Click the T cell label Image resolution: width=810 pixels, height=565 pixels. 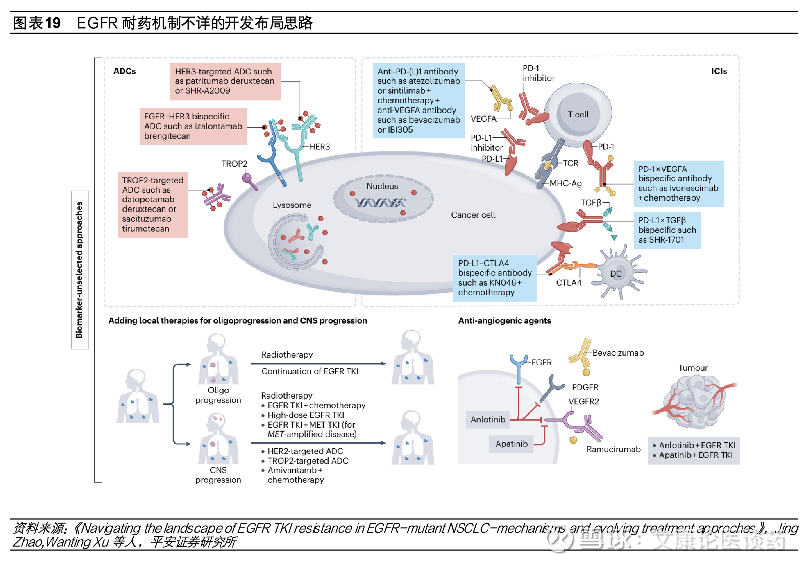(x=578, y=114)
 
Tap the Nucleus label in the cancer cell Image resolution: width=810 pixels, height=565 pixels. (x=382, y=186)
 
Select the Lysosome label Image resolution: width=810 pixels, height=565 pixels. (x=292, y=205)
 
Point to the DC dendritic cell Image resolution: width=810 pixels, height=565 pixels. (x=616, y=274)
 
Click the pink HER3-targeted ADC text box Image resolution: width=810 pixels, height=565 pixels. (x=225, y=81)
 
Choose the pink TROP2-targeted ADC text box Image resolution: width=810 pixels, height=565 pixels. (x=153, y=204)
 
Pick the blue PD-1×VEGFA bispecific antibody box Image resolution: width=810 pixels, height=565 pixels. (x=678, y=184)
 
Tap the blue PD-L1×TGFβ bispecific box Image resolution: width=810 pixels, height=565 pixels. (x=667, y=230)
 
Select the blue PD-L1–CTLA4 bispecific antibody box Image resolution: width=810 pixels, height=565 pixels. (x=495, y=278)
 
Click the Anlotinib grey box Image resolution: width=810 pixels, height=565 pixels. (x=488, y=419)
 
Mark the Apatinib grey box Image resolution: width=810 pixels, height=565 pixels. (x=511, y=444)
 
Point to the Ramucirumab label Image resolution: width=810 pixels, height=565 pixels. (x=613, y=449)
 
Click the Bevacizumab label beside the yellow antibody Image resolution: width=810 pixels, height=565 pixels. (x=618, y=353)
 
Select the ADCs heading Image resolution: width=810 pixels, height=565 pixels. (x=125, y=71)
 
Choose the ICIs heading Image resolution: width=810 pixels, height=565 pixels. (x=719, y=71)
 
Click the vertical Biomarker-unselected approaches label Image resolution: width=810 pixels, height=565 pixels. (x=79, y=270)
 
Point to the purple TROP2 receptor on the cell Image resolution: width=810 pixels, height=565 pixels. (x=249, y=180)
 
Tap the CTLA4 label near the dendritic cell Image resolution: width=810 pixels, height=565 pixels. (x=569, y=283)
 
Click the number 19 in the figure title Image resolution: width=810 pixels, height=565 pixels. (x=53, y=23)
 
